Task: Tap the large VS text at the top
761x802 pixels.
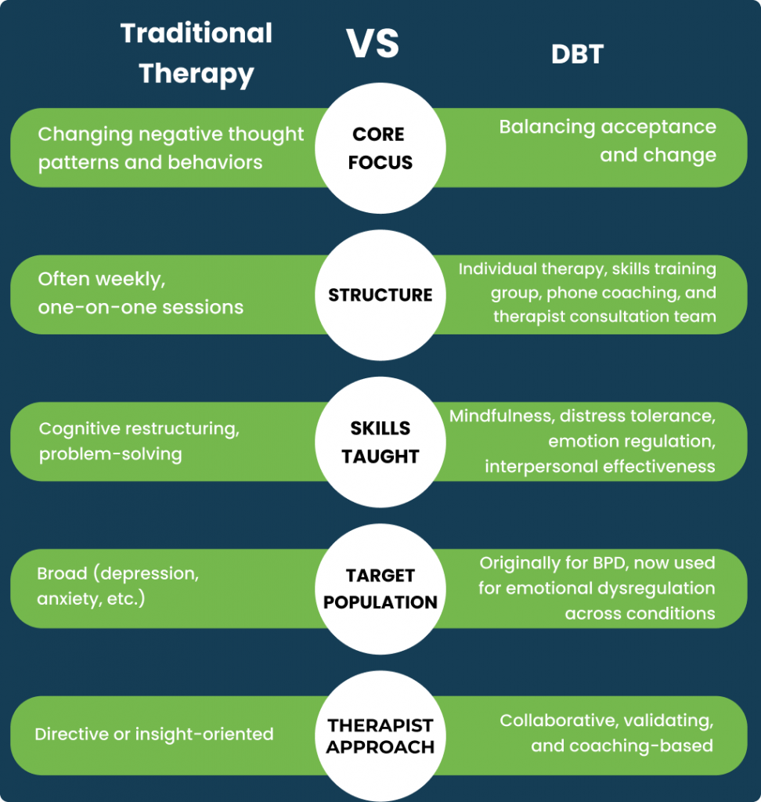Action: pos(373,45)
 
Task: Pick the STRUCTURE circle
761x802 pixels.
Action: pos(380,295)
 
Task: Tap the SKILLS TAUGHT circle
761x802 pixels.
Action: pos(380,442)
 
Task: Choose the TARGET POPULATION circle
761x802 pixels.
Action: pos(380,589)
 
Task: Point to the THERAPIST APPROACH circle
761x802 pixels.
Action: pos(380,735)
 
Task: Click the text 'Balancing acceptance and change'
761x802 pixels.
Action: pos(608,141)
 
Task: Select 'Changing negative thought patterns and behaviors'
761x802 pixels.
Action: pos(171,148)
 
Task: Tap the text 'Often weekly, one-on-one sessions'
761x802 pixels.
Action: pos(141,292)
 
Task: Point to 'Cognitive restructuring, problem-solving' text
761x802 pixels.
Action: pos(139,441)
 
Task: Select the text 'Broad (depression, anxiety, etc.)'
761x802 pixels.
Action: pos(117,586)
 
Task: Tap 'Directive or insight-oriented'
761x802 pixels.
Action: pos(154,735)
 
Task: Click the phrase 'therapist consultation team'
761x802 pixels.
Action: pos(604,316)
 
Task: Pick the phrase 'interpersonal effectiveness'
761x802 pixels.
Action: pos(600,466)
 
